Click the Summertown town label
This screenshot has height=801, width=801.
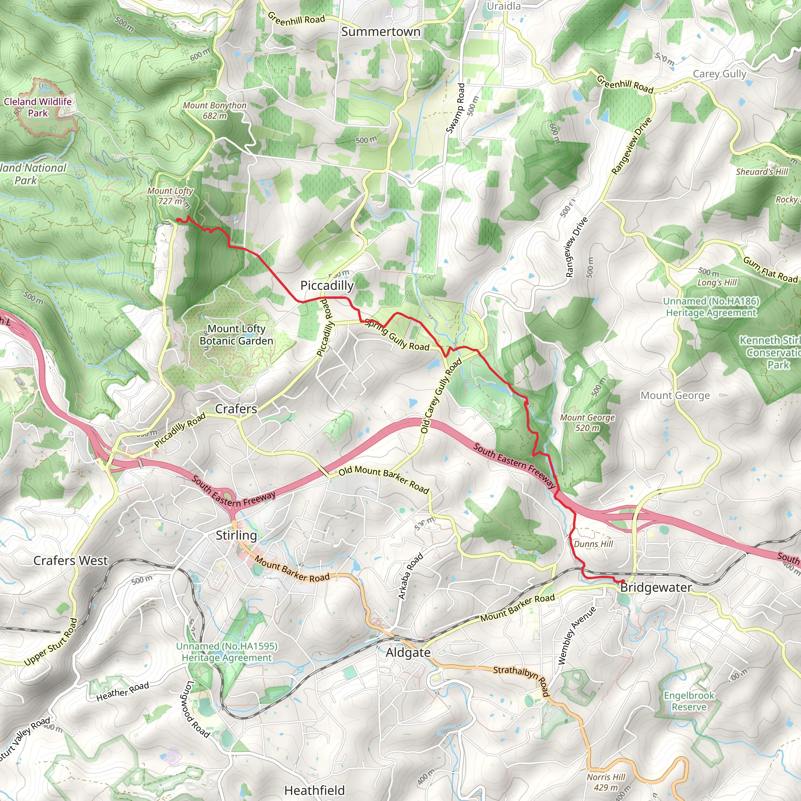coord(381,32)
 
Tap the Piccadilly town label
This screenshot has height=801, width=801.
coord(327,285)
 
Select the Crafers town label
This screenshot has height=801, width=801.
coord(236,409)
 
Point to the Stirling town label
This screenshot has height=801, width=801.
coord(236,535)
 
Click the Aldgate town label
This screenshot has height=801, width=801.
coord(408,653)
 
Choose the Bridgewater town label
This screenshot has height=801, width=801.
coord(656,587)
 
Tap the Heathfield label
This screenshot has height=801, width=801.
coord(314,790)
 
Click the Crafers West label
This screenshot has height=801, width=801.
coord(70,560)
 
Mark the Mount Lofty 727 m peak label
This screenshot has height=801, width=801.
coord(171,196)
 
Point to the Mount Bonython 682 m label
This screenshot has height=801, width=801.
coord(215,110)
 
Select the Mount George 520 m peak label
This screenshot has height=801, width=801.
coord(587,422)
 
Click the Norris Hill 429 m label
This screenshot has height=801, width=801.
coord(606,782)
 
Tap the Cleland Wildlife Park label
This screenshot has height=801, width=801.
coord(38,107)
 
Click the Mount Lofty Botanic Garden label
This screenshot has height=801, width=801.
coord(236,334)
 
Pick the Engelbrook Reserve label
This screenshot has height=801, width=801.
coord(689,701)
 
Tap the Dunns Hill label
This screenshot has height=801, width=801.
coord(593,544)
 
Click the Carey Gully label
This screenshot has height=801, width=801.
coord(719,74)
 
